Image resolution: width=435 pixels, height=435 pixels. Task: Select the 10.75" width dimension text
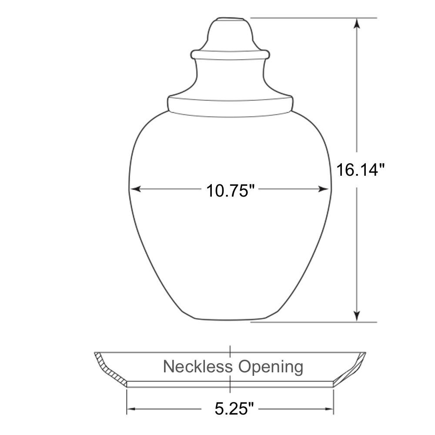pyautogui.click(x=230, y=191)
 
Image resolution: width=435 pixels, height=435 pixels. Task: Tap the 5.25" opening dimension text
pyautogui.click(x=234, y=408)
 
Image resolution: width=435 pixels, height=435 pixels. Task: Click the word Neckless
pyautogui.click(x=197, y=366)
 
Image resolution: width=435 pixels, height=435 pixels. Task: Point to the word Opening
pyautogui.click(x=271, y=367)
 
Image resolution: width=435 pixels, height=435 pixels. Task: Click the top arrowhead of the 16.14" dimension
pyautogui.click(x=357, y=23)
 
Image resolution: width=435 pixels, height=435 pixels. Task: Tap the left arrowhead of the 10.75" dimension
pyautogui.click(x=135, y=189)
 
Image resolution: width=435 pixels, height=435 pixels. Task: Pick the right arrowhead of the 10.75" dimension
pyautogui.click(x=323, y=189)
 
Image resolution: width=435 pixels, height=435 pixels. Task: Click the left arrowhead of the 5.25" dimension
pyautogui.click(x=131, y=409)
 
